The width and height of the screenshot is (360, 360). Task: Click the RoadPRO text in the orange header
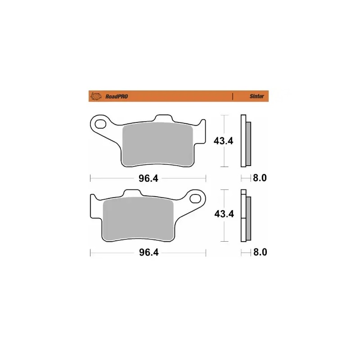coord(116,96)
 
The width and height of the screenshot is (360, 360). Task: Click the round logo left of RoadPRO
coord(95,96)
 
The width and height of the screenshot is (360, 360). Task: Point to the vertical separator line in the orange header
coord(232,96)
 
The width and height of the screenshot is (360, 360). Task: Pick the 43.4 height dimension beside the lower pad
coord(223,214)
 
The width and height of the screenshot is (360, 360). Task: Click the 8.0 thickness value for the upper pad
coord(260,178)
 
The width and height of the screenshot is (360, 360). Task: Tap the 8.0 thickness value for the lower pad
coord(260,252)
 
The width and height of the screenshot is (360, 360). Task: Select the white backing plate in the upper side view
coord(244,142)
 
